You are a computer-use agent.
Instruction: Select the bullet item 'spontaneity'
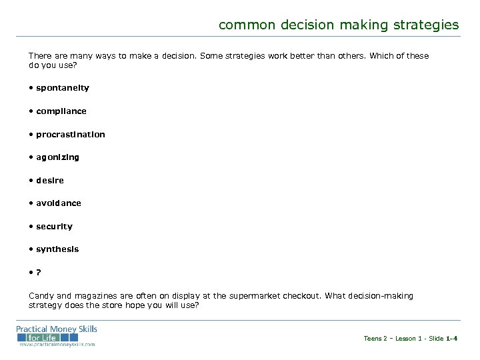(x=63, y=88)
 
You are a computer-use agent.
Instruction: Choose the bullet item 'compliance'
(x=61, y=111)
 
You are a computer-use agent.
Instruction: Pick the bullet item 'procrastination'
(x=71, y=134)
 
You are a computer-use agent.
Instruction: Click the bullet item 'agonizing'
(x=57, y=157)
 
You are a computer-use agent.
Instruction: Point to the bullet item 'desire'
(x=51, y=180)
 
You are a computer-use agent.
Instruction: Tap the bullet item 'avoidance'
(x=59, y=203)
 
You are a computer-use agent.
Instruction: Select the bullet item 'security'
(x=55, y=226)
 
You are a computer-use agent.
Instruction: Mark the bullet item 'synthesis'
(x=57, y=249)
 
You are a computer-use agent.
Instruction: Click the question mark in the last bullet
(x=39, y=272)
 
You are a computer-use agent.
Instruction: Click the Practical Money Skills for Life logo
(x=57, y=335)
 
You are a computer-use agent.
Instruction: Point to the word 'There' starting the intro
(x=39, y=56)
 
